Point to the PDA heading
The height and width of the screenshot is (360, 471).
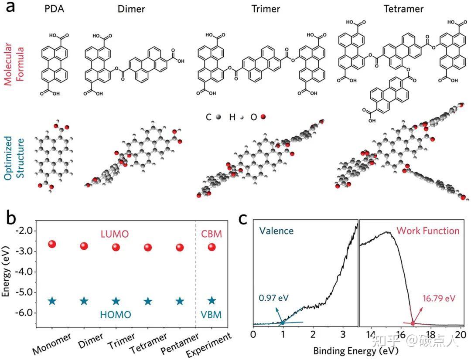[x=55, y=9]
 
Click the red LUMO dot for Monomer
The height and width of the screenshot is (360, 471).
[x=52, y=244]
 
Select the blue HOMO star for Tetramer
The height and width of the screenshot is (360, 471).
[x=148, y=301]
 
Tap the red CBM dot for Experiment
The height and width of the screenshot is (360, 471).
[x=212, y=247]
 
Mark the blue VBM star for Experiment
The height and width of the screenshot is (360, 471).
[x=212, y=300]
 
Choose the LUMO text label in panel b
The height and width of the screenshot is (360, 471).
[x=115, y=234]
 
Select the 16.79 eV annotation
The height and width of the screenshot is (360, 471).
[x=439, y=299]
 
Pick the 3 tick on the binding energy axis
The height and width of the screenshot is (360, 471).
[x=343, y=334]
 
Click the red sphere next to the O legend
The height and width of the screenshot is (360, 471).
[x=263, y=117]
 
